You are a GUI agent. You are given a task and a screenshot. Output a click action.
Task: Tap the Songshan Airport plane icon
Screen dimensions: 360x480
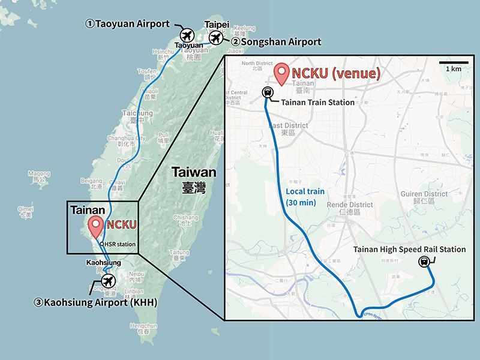pyautogui.click(x=216, y=39)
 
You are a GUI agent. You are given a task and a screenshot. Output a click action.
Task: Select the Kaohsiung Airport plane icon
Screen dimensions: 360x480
pyautogui.click(x=108, y=281)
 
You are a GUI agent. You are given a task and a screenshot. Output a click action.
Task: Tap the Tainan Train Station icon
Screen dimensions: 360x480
pyautogui.click(x=268, y=93)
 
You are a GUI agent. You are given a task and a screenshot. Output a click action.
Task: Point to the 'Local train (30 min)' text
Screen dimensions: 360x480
pyautogui.click(x=303, y=197)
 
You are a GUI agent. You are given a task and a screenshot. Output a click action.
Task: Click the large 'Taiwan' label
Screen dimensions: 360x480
pyautogui.click(x=194, y=172)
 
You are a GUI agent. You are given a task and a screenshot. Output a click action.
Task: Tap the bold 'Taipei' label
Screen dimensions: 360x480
pyautogui.click(x=217, y=23)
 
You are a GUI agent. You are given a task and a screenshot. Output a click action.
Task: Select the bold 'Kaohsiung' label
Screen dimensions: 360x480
pyautogui.click(x=104, y=263)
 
